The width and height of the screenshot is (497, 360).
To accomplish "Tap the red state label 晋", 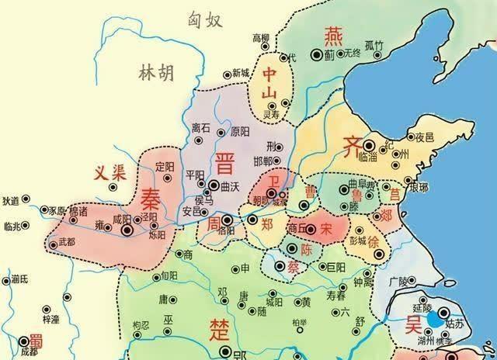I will (225, 164).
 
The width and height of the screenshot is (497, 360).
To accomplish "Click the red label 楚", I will (217, 329).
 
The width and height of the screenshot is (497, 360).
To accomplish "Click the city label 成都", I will (30, 351).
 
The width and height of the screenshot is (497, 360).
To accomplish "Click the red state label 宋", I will (326, 229).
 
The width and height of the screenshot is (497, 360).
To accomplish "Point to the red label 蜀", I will (34, 340).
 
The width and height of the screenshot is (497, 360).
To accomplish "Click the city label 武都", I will (68, 243).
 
